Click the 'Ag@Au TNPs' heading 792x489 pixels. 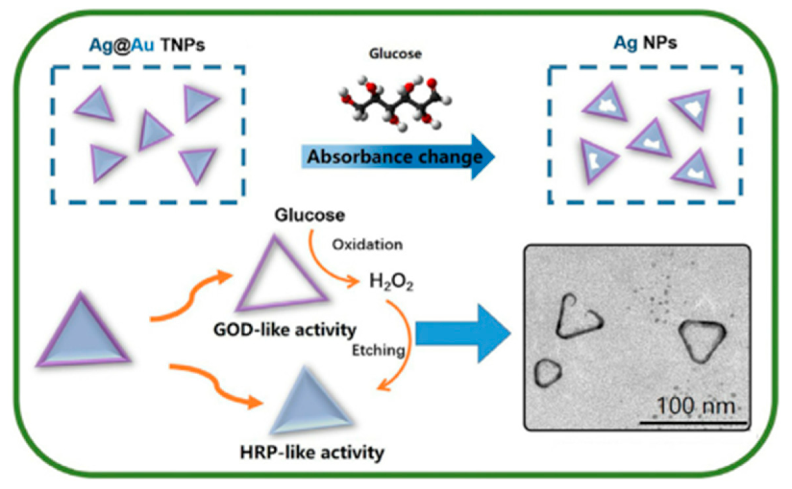[x=147, y=45]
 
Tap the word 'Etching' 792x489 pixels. [x=378, y=351]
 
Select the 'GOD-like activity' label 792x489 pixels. [x=285, y=330]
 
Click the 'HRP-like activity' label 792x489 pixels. [x=312, y=453]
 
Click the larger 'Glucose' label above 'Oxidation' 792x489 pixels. [x=309, y=216]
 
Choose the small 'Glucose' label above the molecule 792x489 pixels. [x=395, y=54]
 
